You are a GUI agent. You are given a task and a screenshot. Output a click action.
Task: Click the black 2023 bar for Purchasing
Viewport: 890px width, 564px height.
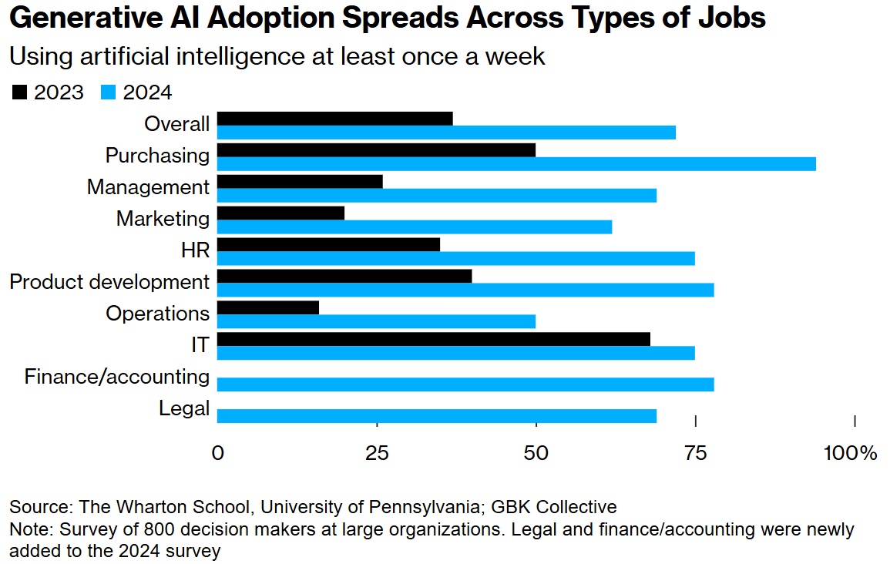[x=376, y=149]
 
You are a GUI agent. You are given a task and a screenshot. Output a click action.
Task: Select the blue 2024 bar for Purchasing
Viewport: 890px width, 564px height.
[x=516, y=163]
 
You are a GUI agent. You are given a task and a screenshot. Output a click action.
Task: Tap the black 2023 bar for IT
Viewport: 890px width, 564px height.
[x=433, y=339]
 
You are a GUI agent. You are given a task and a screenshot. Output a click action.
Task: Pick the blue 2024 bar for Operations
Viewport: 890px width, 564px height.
[x=376, y=321]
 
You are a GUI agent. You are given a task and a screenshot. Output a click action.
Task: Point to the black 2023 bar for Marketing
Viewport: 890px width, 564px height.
[x=280, y=213]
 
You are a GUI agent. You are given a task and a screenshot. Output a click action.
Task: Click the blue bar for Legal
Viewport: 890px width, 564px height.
[x=436, y=416]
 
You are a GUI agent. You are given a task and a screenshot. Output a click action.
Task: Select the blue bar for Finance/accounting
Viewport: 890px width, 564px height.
[x=465, y=384]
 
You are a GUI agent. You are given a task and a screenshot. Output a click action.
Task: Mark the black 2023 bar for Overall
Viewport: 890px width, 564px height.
[x=334, y=118]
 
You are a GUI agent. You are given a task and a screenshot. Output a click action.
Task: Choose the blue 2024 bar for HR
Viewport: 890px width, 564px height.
[x=455, y=258]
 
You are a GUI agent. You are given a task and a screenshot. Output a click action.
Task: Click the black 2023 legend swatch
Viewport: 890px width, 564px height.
[x=19, y=93]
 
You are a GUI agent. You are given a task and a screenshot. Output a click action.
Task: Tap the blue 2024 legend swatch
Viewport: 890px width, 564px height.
[x=109, y=93]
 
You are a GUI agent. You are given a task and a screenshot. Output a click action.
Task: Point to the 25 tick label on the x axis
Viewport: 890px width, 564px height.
[x=378, y=453]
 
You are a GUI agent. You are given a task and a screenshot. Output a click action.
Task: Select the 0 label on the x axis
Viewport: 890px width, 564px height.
[x=217, y=453]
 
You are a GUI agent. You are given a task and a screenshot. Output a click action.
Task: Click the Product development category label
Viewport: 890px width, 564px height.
[x=109, y=282]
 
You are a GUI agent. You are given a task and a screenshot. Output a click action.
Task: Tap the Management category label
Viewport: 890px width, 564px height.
[x=148, y=187]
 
